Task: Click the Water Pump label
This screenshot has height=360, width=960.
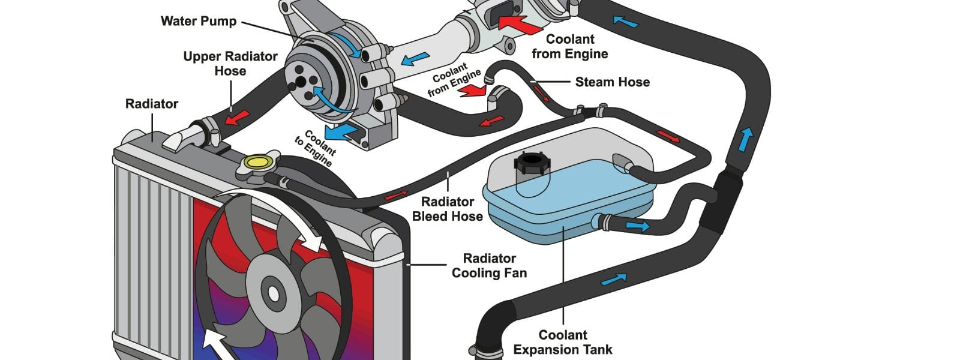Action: tap(199, 21)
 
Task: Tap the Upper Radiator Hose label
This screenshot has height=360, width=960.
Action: tap(230, 64)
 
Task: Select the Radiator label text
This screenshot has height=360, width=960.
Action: tap(152, 104)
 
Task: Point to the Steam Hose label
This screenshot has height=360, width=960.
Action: tap(612, 82)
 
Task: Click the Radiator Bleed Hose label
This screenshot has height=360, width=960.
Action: tap(448, 209)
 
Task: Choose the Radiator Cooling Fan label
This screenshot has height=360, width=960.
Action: tap(489, 266)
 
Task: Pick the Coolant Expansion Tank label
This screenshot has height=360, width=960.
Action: tap(563, 342)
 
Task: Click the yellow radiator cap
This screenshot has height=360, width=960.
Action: tap(258, 161)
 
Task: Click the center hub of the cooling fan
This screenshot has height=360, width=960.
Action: tap(274, 293)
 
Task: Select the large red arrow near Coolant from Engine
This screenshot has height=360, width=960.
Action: tap(519, 23)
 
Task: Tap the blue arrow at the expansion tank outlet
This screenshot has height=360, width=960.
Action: tap(637, 226)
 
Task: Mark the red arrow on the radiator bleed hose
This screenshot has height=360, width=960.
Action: tap(396, 195)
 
